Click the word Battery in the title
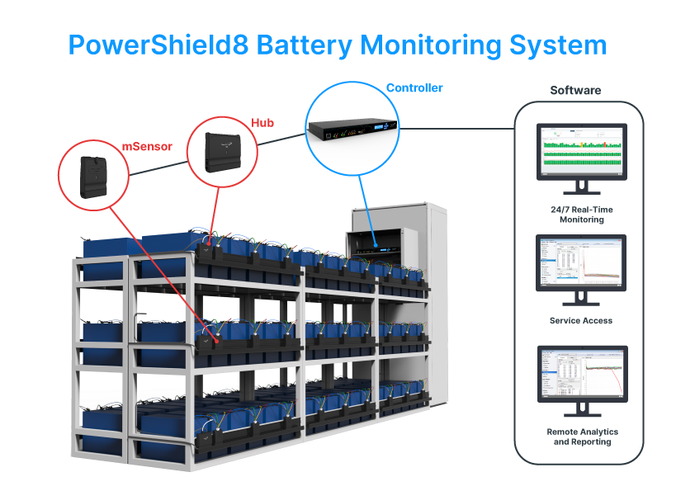(305, 45)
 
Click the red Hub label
(262, 123)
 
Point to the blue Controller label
(414, 87)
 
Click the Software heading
(575, 90)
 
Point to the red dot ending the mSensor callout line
(217, 338)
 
